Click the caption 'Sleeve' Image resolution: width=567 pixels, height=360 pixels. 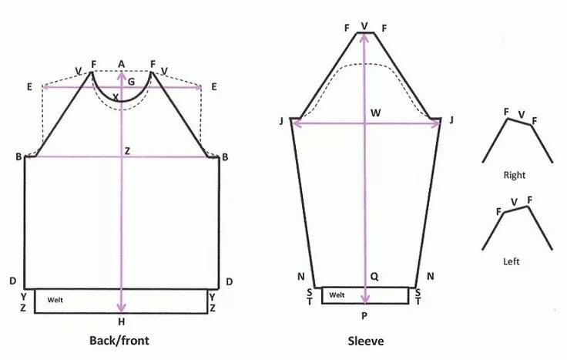[364, 339]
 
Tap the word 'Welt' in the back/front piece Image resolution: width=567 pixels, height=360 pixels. [55, 299]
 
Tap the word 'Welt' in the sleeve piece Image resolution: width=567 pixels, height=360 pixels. [337, 294]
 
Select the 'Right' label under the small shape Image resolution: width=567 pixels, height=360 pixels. [514, 175]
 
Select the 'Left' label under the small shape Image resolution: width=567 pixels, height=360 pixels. [512, 261]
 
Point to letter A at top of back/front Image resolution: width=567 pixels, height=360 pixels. [121, 63]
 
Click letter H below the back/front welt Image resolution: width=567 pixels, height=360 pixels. [121, 321]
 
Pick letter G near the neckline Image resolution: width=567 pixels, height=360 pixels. [131, 80]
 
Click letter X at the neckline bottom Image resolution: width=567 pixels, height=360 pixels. [116, 97]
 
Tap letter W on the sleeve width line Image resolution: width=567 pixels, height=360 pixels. [375, 113]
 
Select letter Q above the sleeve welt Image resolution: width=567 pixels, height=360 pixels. [374, 275]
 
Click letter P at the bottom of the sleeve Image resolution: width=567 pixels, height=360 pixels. [365, 315]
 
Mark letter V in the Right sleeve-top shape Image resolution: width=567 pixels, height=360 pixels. [522, 116]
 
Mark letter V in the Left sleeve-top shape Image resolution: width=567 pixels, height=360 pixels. [514, 201]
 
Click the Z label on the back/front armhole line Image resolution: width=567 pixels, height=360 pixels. [128, 151]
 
